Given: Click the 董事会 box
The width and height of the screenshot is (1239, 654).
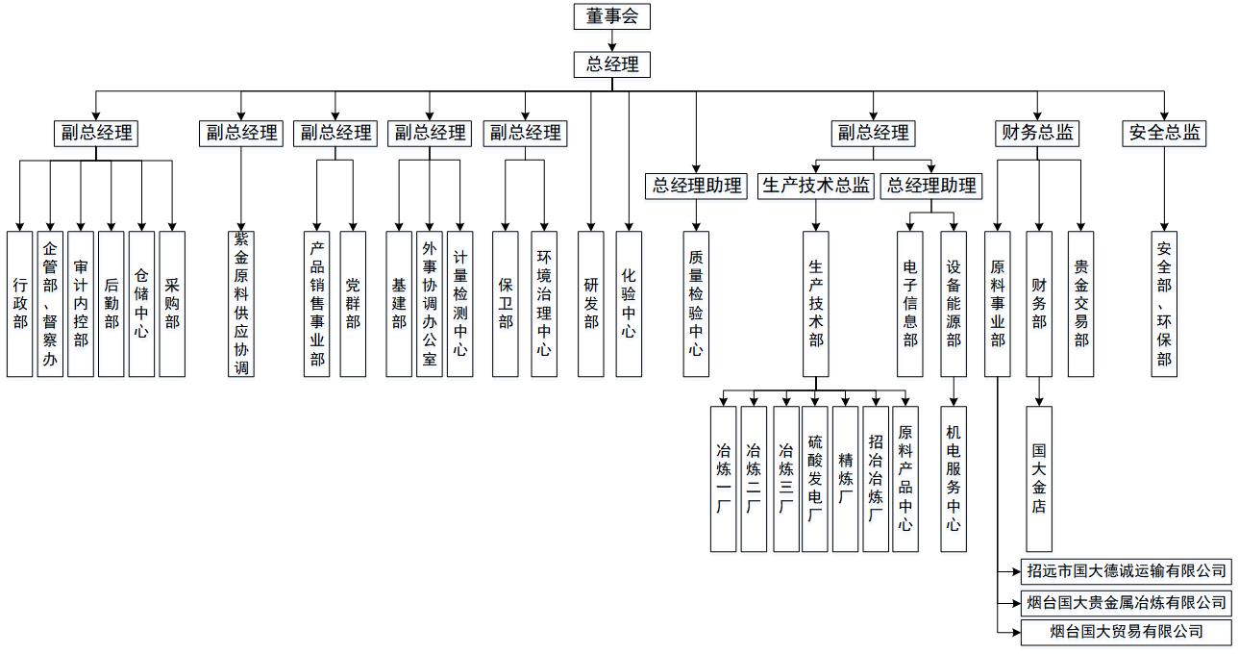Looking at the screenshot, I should (612, 16).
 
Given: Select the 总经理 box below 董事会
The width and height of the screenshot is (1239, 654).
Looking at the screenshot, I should (612, 64).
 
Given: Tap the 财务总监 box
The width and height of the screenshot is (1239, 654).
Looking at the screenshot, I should (1037, 133).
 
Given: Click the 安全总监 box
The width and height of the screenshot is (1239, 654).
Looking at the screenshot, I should (1164, 133).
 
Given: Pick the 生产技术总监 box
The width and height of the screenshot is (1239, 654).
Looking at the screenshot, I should (815, 186).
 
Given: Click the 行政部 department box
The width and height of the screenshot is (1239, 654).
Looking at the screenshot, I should (20, 303).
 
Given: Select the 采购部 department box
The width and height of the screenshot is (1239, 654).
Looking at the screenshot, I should (172, 303).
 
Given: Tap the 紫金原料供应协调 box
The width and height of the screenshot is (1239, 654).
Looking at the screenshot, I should (241, 303).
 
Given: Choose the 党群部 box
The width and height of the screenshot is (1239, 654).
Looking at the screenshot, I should (353, 303).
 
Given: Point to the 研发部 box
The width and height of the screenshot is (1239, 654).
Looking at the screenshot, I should (591, 303).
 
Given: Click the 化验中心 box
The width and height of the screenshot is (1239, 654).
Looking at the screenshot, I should (629, 303).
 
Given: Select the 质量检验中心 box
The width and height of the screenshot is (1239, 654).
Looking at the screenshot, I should (696, 303).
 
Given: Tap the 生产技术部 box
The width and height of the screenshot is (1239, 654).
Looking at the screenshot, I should (816, 303).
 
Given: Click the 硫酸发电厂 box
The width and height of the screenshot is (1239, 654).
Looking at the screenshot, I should (815, 478).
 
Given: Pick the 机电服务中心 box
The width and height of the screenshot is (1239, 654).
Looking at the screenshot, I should (954, 478).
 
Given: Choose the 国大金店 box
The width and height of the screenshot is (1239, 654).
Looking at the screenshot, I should (1039, 478).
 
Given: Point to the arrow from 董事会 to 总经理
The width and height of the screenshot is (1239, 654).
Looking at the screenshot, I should (612, 40).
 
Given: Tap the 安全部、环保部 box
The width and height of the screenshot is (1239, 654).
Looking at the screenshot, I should (1164, 303).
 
